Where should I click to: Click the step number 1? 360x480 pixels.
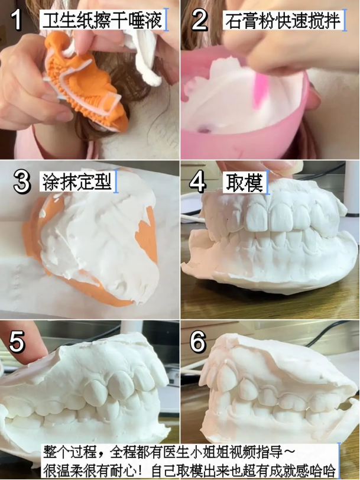tap(17, 20)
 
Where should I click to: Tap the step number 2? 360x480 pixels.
tap(200, 20)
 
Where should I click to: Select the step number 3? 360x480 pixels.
tap(22, 182)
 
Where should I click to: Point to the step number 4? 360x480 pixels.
tap(198, 182)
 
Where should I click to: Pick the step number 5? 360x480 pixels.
tap(17, 342)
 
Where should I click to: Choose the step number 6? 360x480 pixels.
tap(198, 342)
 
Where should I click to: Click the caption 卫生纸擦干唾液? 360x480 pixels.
tap(102, 20)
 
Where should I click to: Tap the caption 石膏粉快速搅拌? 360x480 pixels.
tap(283, 21)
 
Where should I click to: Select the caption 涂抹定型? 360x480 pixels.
tap(76, 182)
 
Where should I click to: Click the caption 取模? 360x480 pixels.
tap(244, 183)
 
